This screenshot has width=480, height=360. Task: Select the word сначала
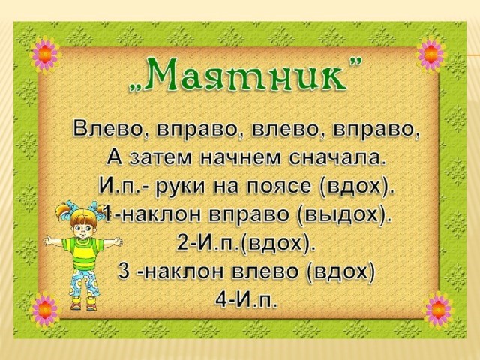click(x=337, y=158)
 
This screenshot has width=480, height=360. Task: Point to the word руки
click(x=180, y=187)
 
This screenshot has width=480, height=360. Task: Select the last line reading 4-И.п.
click(x=247, y=299)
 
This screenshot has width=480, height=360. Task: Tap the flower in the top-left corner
click(x=45, y=54)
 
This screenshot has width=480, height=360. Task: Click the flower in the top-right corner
click(x=430, y=55)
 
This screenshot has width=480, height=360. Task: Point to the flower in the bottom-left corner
click(x=45, y=310)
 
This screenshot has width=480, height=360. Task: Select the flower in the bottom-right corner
click(x=438, y=310)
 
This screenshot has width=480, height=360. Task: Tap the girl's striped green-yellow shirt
click(x=82, y=253)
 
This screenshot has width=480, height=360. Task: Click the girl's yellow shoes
click(x=83, y=303)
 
